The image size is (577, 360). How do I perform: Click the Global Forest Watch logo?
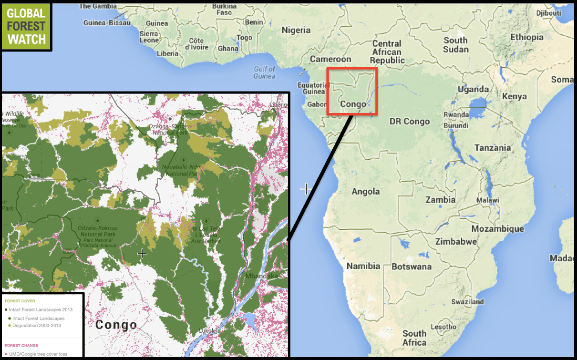pyautogui.click(x=26, y=26)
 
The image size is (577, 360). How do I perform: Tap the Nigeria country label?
pyautogui.click(x=296, y=30)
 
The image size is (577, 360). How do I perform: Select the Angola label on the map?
pyautogui.click(x=366, y=192)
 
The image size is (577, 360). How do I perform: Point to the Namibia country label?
pyautogui.click(x=363, y=266)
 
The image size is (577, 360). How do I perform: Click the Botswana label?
pyautogui.click(x=411, y=267)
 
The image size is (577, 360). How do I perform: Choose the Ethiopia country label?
pyautogui.click(x=527, y=37)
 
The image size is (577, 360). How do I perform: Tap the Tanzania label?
pyautogui.click(x=493, y=148)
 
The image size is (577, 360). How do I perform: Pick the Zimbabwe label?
pyautogui.click(x=456, y=241)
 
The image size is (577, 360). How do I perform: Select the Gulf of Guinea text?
pyautogui.click(x=265, y=72)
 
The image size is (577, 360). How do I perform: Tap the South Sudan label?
pyautogui.click(x=455, y=45)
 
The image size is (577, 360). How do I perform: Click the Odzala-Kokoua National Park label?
pyautogui.click(x=97, y=231)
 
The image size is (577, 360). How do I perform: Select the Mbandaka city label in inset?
pyautogui.click(x=261, y=276)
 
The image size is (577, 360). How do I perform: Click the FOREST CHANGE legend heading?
pyautogui.click(x=21, y=345)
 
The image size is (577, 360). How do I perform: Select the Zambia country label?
pyautogui.click(x=441, y=199)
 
